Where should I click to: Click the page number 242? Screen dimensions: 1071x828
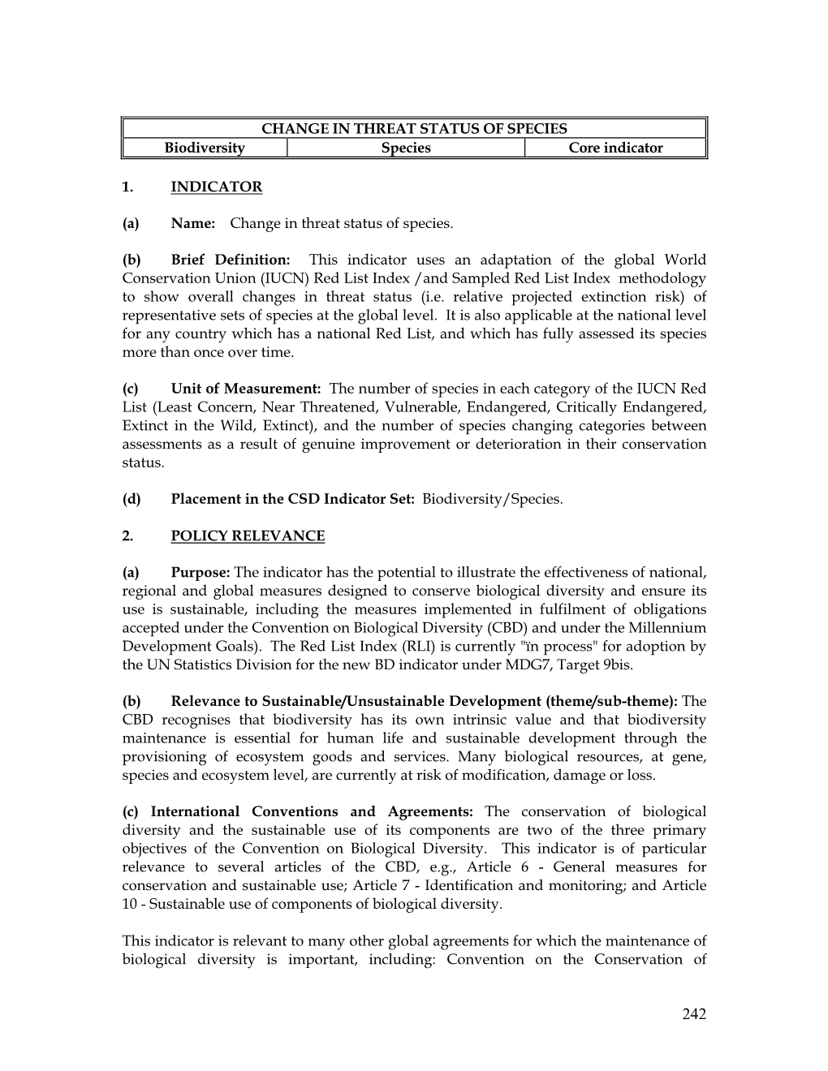[x=694, y=1013]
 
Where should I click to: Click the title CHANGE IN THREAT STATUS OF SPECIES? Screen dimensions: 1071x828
[x=414, y=128]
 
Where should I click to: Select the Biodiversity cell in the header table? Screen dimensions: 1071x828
[x=205, y=148]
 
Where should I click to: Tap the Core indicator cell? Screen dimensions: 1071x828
[x=615, y=148]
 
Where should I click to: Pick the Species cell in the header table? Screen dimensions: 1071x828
[x=406, y=148]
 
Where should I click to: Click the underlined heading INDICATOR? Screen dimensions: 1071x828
[x=217, y=187]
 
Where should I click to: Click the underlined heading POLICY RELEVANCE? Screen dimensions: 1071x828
[x=248, y=535]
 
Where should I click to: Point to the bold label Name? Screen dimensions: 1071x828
[x=192, y=223]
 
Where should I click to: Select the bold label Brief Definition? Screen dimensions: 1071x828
[x=231, y=260]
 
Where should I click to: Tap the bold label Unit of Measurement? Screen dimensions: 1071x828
[x=246, y=389]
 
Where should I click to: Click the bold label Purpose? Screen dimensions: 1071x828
[x=201, y=573]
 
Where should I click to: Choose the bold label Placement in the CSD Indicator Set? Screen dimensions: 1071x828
[x=293, y=499]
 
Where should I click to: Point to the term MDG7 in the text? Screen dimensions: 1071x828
[x=550, y=665]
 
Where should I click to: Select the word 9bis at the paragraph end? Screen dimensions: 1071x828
[x=615, y=665]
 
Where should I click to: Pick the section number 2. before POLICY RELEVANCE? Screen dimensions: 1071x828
[x=127, y=535]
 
